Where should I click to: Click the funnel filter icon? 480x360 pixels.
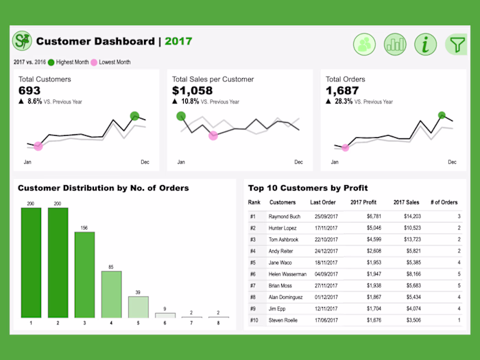[x=455, y=45]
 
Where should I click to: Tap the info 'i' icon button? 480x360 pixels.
[x=426, y=45]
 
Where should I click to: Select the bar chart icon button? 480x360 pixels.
[x=395, y=45]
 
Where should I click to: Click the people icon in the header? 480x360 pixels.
[x=364, y=45]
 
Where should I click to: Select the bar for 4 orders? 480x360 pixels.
[x=111, y=294]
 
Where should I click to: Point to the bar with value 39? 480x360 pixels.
[x=138, y=307]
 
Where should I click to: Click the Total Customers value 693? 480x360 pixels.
[x=29, y=91]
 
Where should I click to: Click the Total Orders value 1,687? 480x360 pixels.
[x=343, y=91]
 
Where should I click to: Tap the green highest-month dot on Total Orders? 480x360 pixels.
[x=442, y=115]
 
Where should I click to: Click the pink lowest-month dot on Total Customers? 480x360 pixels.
[x=38, y=146]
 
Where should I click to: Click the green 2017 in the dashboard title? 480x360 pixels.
[x=178, y=42]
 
